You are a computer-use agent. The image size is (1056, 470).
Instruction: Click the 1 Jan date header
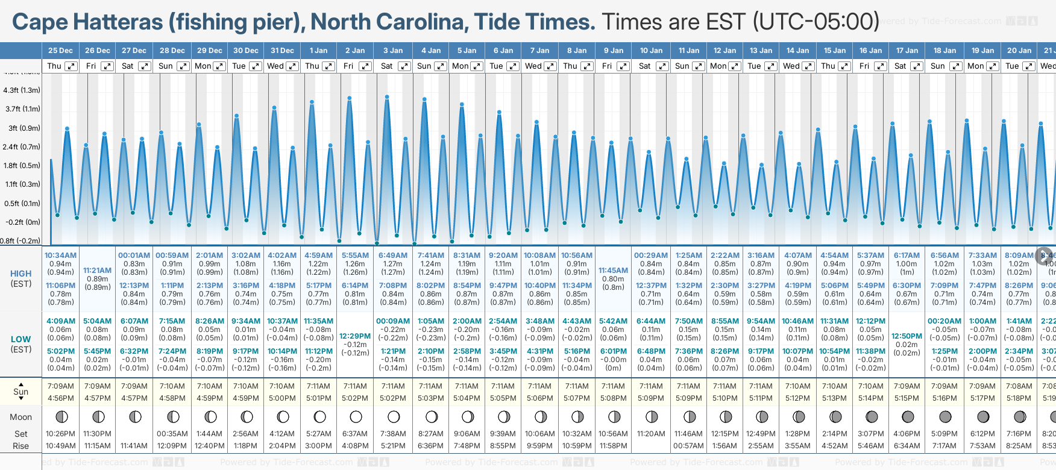[x=318, y=51]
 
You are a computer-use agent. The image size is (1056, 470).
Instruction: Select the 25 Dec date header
[x=60, y=51]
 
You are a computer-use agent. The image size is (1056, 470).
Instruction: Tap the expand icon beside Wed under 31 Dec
[x=292, y=66]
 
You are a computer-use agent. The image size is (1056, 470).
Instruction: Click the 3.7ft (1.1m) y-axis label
[x=22, y=109]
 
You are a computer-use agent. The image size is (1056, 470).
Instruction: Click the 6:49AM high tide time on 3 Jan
[x=393, y=255]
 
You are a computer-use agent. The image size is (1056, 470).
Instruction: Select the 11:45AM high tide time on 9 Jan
[x=613, y=271]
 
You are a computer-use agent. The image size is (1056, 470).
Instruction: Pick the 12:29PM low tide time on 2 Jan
[x=355, y=336]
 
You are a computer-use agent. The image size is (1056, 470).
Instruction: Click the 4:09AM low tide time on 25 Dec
[x=60, y=321]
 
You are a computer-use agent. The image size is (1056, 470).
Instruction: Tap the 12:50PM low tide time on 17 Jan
[x=907, y=336]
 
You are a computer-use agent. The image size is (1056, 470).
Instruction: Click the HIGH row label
[x=21, y=274]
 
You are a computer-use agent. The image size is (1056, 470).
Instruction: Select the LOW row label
[x=21, y=339]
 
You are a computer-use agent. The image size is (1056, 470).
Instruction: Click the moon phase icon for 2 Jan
[x=356, y=416]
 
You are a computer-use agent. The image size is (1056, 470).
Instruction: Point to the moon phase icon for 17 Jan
[x=908, y=416]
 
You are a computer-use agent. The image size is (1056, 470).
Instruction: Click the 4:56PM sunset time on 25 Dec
[x=60, y=398]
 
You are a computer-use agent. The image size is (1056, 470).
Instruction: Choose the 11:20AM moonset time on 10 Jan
[x=651, y=434]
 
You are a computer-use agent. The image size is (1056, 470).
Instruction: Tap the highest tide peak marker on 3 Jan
[x=387, y=96]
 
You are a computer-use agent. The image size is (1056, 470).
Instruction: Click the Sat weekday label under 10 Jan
[x=644, y=66]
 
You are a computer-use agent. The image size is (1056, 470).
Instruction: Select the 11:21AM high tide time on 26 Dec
[x=98, y=271]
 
